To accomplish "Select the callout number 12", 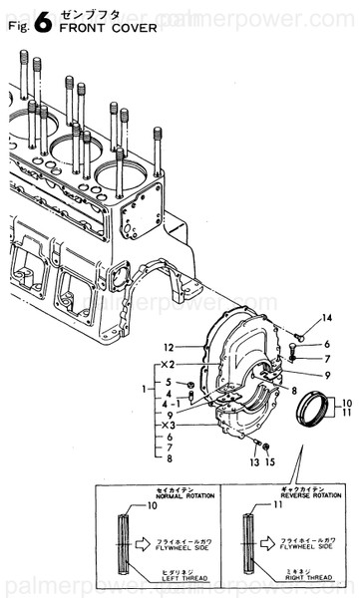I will tap(171, 347).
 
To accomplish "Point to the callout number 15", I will tap(269, 462).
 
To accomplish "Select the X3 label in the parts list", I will tap(170, 425).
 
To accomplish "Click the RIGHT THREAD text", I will tap(291, 576).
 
